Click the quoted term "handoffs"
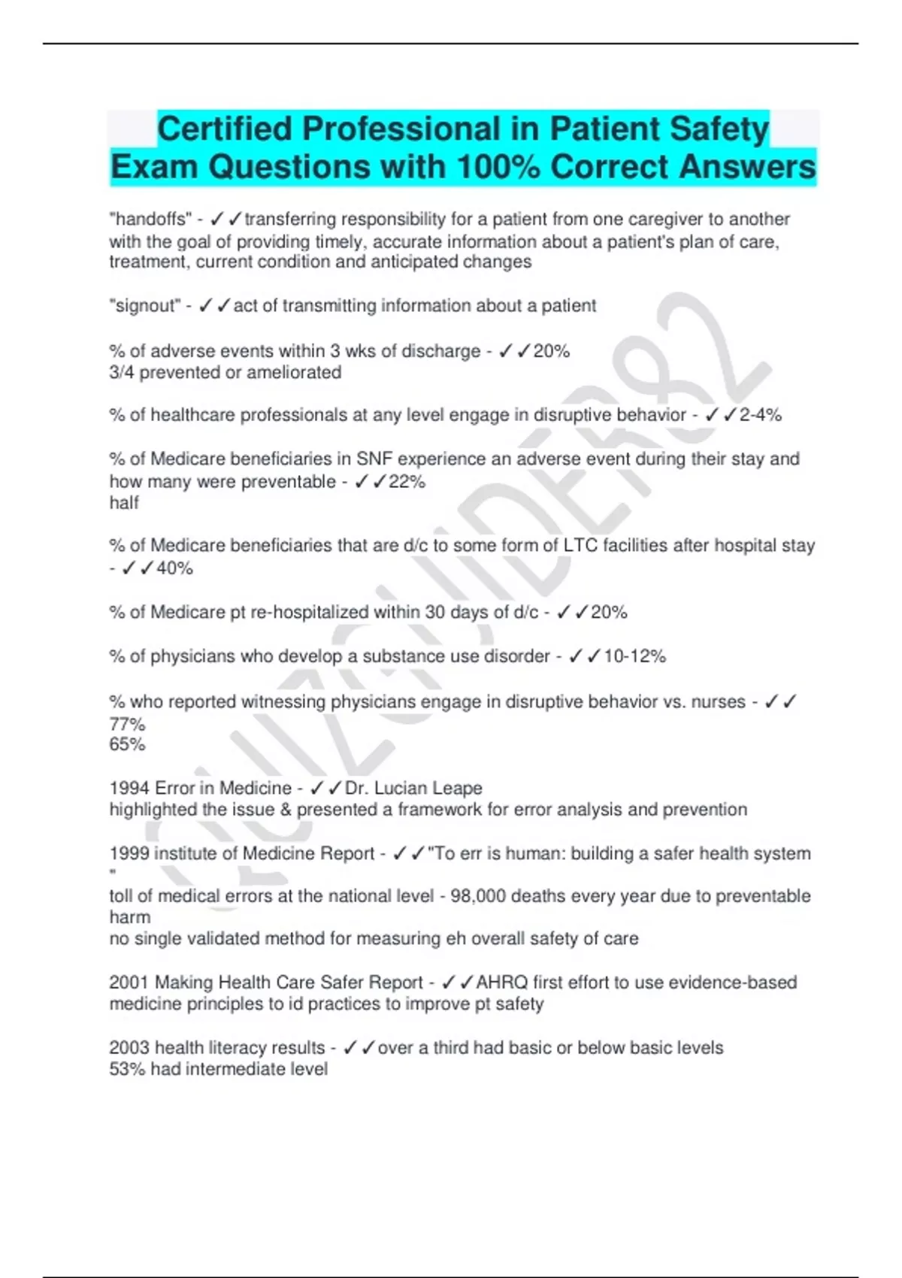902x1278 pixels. (x=150, y=219)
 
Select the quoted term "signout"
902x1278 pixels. (x=145, y=306)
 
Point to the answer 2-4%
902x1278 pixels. (x=760, y=415)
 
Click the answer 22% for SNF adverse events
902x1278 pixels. (x=407, y=482)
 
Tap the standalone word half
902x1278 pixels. (x=124, y=503)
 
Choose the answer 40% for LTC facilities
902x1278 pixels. (x=174, y=568)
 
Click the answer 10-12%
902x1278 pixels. (x=634, y=656)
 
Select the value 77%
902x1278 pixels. (x=127, y=724)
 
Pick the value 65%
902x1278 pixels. (x=127, y=744)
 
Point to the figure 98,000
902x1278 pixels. (x=481, y=896)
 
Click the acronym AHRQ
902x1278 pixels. (x=501, y=983)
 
